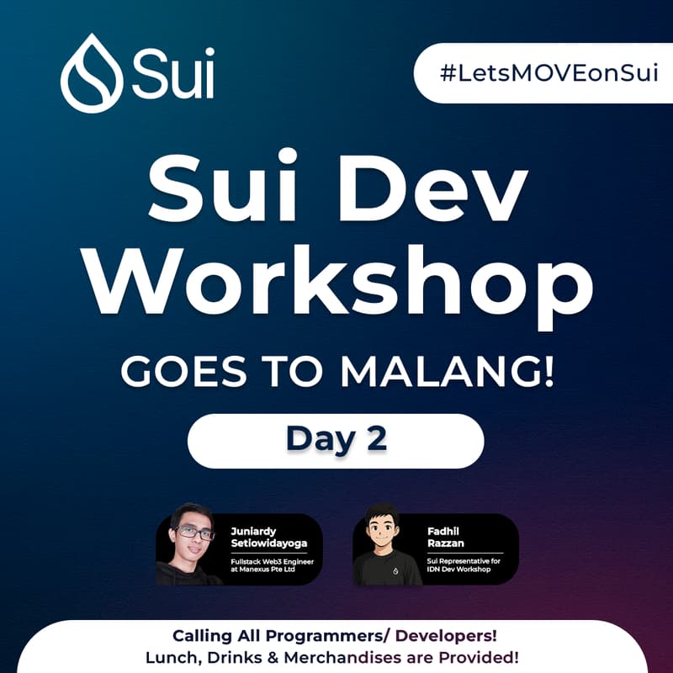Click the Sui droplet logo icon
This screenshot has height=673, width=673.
(91, 73)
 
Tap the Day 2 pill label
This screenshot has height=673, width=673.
(336, 438)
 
